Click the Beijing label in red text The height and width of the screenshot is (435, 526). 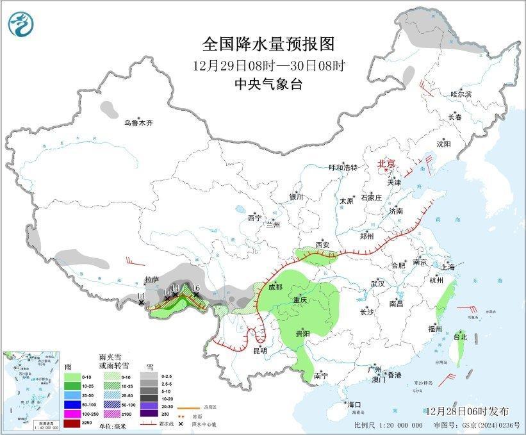click(387, 163)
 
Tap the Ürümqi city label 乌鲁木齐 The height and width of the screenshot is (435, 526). click(139, 123)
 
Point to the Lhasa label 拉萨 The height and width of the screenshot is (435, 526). click(151, 280)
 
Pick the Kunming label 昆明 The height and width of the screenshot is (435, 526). click(260, 350)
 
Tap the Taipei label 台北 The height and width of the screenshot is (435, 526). click(461, 336)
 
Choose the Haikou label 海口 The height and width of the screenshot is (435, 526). click(354, 404)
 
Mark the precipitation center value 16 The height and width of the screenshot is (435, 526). click(196, 288)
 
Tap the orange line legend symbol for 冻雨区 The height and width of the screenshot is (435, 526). click(186, 407)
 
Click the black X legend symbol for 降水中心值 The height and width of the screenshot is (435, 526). click(180, 424)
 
